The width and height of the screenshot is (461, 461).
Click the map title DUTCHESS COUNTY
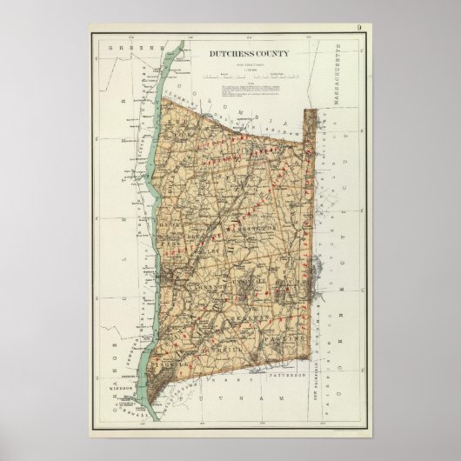click(x=249, y=54)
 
